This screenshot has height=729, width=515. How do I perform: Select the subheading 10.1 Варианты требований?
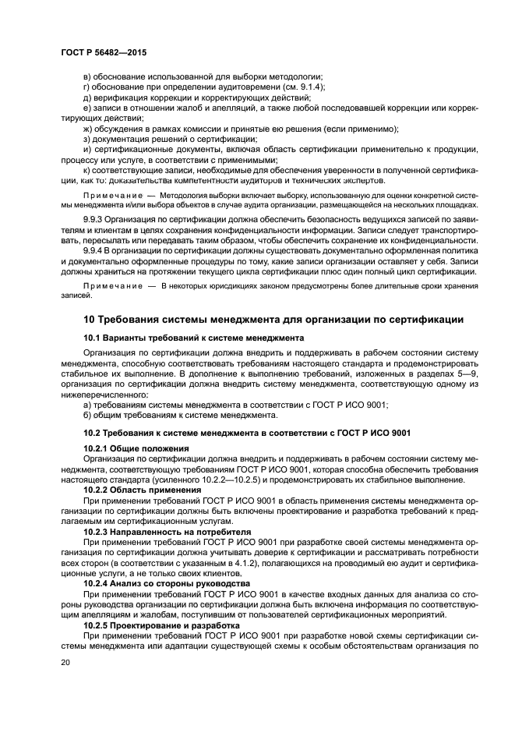194,338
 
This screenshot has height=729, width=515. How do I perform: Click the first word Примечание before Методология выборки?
112,193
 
